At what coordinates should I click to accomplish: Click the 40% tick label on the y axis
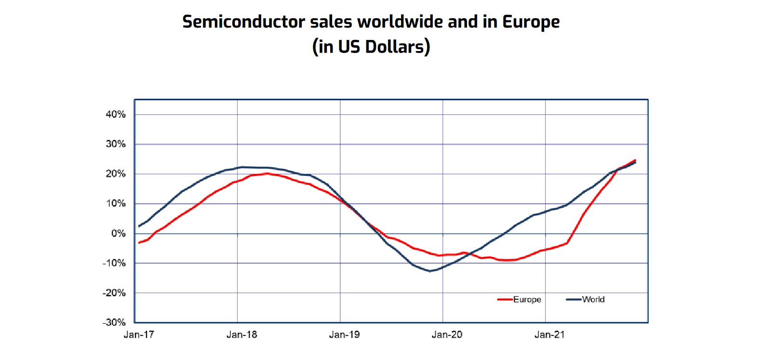[x=116, y=115]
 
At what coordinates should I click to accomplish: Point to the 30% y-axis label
[x=116, y=144]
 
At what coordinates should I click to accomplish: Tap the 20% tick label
[x=116, y=174]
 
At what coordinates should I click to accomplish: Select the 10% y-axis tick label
[x=116, y=204]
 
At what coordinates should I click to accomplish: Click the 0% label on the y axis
[x=118, y=234]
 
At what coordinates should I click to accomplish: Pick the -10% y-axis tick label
[x=114, y=264]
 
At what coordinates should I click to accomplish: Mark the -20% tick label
[x=114, y=293]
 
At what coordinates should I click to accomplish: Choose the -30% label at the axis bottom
[x=114, y=323]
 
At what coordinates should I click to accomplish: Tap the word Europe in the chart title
[x=531, y=22]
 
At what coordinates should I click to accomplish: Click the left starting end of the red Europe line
[x=139, y=242]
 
